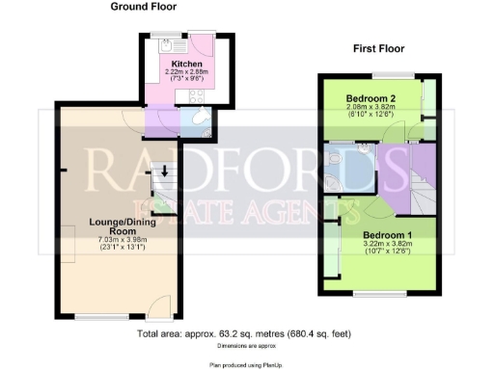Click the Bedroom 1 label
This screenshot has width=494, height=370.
(386, 235)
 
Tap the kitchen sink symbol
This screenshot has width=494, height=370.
(166, 45)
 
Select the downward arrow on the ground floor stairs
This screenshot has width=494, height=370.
(163, 174)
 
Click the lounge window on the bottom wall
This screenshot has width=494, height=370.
(102, 316)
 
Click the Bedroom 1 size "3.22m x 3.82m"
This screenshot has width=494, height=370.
(386, 245)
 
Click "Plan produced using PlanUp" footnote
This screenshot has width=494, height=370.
(246, 365)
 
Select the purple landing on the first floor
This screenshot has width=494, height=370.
(421, 160)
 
